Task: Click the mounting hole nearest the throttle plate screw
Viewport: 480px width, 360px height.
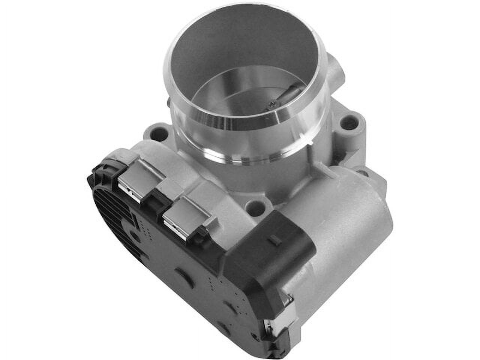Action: point(349,121)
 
